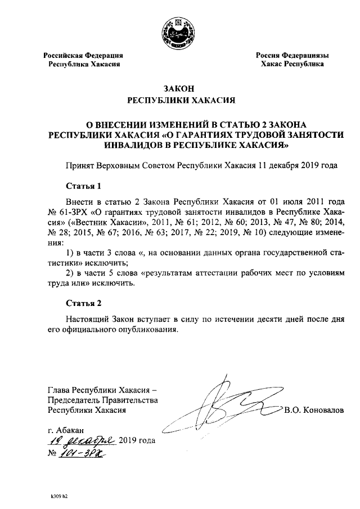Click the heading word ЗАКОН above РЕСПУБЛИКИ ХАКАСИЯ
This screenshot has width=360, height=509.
[179, 89]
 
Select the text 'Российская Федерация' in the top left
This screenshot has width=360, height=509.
[84, 56]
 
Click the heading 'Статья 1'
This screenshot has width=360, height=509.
[83, 186]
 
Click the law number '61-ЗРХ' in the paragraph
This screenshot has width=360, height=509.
[74, 211]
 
